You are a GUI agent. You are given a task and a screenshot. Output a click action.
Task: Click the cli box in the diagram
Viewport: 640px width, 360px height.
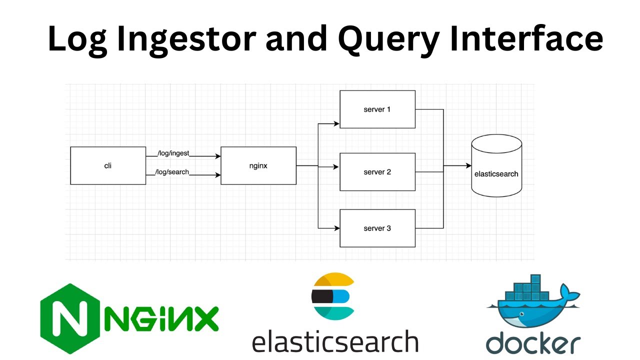[x=108, y=166]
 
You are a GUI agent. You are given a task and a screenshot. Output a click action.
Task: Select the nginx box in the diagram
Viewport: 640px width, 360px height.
[x=258, y=166]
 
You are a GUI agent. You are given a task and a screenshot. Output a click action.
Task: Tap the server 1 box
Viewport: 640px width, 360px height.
[x=377, y=109]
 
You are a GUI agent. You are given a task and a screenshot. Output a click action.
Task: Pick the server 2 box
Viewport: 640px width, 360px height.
[x=377, y=172]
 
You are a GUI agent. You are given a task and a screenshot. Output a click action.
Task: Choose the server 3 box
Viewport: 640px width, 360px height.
[x=377, y=228]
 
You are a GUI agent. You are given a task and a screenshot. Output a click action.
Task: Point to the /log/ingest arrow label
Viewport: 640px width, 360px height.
[x=173, y=153]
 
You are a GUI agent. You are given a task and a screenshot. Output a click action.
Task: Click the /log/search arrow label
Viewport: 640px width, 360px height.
[x=173, y=172]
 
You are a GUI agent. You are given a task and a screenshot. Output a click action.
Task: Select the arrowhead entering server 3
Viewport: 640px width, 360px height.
[x=336, y=228]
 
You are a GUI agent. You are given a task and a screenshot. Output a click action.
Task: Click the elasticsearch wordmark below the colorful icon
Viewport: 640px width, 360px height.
[x=335, y=341]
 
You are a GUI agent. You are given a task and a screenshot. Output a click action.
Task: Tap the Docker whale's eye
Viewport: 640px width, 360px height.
[x=521, y=315]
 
